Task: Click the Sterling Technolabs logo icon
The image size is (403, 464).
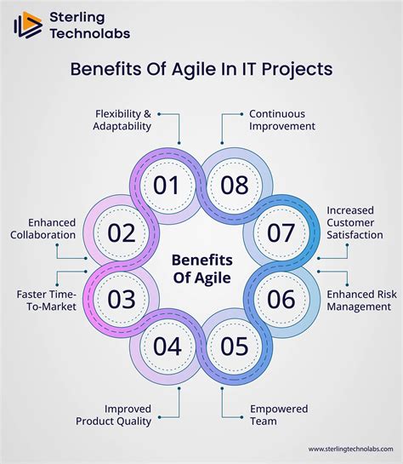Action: (28, 24)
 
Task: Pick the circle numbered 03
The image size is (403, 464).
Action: (122, 299)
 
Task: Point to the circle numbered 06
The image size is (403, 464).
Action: (281, 299)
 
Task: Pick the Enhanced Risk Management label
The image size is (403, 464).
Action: (359, 300)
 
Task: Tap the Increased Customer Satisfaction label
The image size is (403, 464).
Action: (355, 222)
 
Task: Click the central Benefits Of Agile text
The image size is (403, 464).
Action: (201, 266)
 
